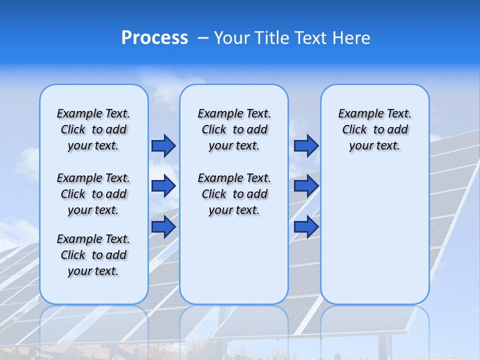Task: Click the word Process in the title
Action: pos(154,37)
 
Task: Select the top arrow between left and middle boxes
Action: pos(163,146)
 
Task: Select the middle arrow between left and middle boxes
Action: pos(163,186)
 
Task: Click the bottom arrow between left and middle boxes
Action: pos(163,226)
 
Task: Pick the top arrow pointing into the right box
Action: pos(306,146)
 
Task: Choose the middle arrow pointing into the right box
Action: pos(306,186)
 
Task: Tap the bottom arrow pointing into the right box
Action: pos(306,226)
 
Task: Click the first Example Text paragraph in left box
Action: pos(93,129)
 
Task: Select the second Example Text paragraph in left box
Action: pos(93,194)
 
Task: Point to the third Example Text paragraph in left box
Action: pos(93,255)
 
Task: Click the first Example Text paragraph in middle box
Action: pos(234,129)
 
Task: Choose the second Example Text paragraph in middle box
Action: pos(234,194)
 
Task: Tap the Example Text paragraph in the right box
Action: pos(374,129)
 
